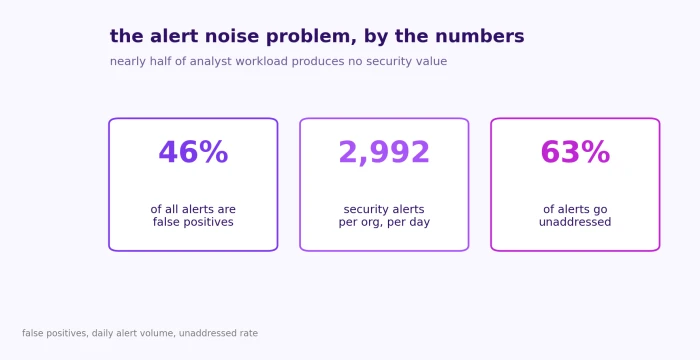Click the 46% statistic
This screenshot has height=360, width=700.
click(193, 152)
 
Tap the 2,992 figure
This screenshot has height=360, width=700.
click(384, 153)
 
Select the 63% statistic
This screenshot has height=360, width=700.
click(575, 152)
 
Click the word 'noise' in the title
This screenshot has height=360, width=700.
click(232, 36)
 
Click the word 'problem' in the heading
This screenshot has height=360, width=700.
click(311, 37)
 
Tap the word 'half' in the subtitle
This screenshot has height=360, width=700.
click(161, 61)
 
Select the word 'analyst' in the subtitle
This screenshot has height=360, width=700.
click(212, 62)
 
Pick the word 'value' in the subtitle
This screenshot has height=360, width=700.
click(433, 61)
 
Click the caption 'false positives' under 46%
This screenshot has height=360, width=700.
click(193, 222)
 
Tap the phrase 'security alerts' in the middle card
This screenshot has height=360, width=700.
click(384, 209)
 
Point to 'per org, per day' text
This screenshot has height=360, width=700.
click(384, 222)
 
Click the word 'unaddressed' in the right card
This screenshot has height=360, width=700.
click(575, 222)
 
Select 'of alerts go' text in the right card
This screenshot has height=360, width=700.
click(575, 209)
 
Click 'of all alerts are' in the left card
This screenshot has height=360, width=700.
click(193, 209)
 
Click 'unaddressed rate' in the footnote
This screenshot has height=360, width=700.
click(218, 333)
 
